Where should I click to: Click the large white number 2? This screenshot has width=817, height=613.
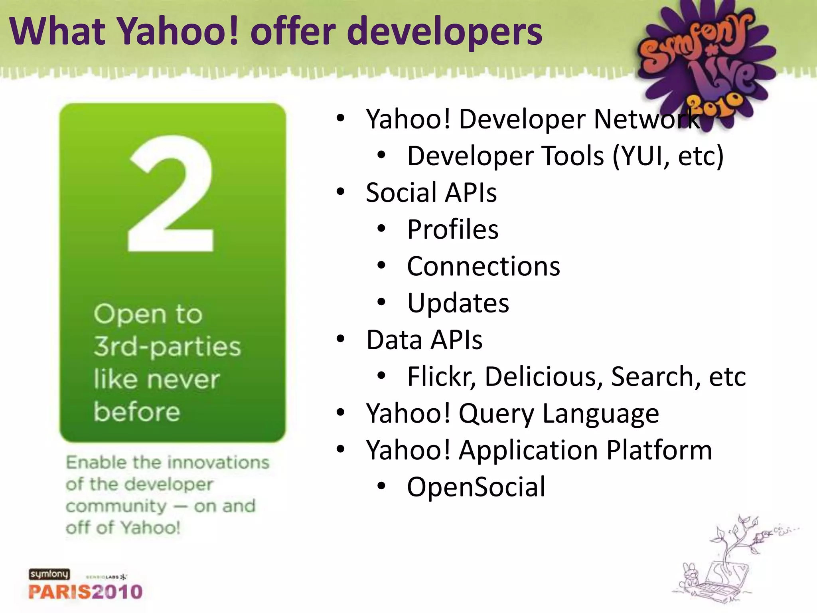click(171, 194)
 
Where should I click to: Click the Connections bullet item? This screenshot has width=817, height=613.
click(483, 266)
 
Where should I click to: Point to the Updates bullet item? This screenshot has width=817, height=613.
click(458, 303)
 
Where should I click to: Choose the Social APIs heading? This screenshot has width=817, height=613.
click(431, 193)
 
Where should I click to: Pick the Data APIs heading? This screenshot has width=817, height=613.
click(424, 340)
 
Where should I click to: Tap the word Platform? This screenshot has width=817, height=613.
click(659, 450)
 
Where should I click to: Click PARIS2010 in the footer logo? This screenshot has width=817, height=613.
click(85, 591)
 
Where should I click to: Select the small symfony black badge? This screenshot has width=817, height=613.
click(49, 574)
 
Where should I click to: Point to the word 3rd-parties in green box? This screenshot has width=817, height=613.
click(167, 346)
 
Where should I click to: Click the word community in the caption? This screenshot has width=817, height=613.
click(116, 506)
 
